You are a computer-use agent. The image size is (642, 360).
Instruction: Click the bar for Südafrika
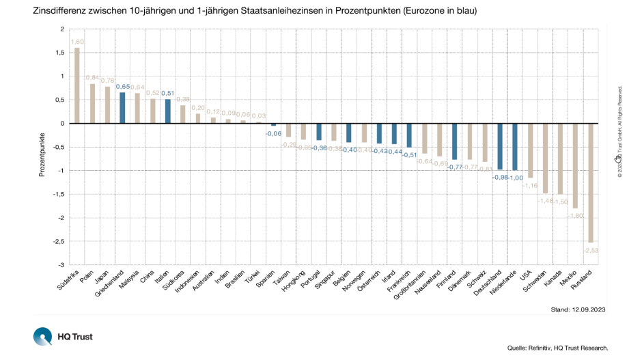(x=77, y=85)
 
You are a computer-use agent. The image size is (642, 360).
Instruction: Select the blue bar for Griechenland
(x=122, y=108)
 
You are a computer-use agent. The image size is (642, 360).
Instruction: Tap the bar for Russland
(x=590, y=182)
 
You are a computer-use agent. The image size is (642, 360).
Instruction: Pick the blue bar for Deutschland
(x=500, y=146)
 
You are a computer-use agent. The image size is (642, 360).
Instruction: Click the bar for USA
(x=530, y=150)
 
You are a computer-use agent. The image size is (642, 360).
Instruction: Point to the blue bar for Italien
(x=167, y=111)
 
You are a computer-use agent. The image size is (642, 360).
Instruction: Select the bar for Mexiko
(x=575, y=165)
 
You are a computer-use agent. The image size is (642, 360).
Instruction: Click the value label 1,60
(x=78, y=42)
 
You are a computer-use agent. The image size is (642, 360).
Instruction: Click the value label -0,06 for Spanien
(x=274, y=133)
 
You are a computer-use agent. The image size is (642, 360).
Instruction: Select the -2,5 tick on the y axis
(x=58, y=241)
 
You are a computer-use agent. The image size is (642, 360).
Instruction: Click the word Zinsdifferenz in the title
(x=59, y=11)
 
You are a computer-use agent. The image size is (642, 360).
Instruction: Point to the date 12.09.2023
(x=588, y=309)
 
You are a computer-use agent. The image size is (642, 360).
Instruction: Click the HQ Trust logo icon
(x=42, y=336)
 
